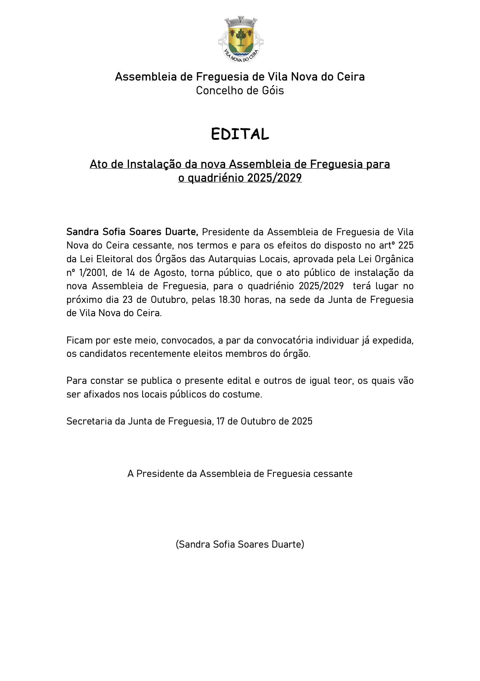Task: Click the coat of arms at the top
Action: click(240, 39)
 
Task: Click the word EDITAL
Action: click(240, 134)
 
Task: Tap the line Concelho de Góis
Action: click(240, 91)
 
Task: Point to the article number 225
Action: click(406, 245)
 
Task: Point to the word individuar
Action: click(337, 340)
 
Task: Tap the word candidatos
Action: click(103, 354)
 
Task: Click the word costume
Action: click(244, 394)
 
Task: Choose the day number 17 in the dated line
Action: click(221, 421)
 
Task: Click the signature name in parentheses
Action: click(240, 545)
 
